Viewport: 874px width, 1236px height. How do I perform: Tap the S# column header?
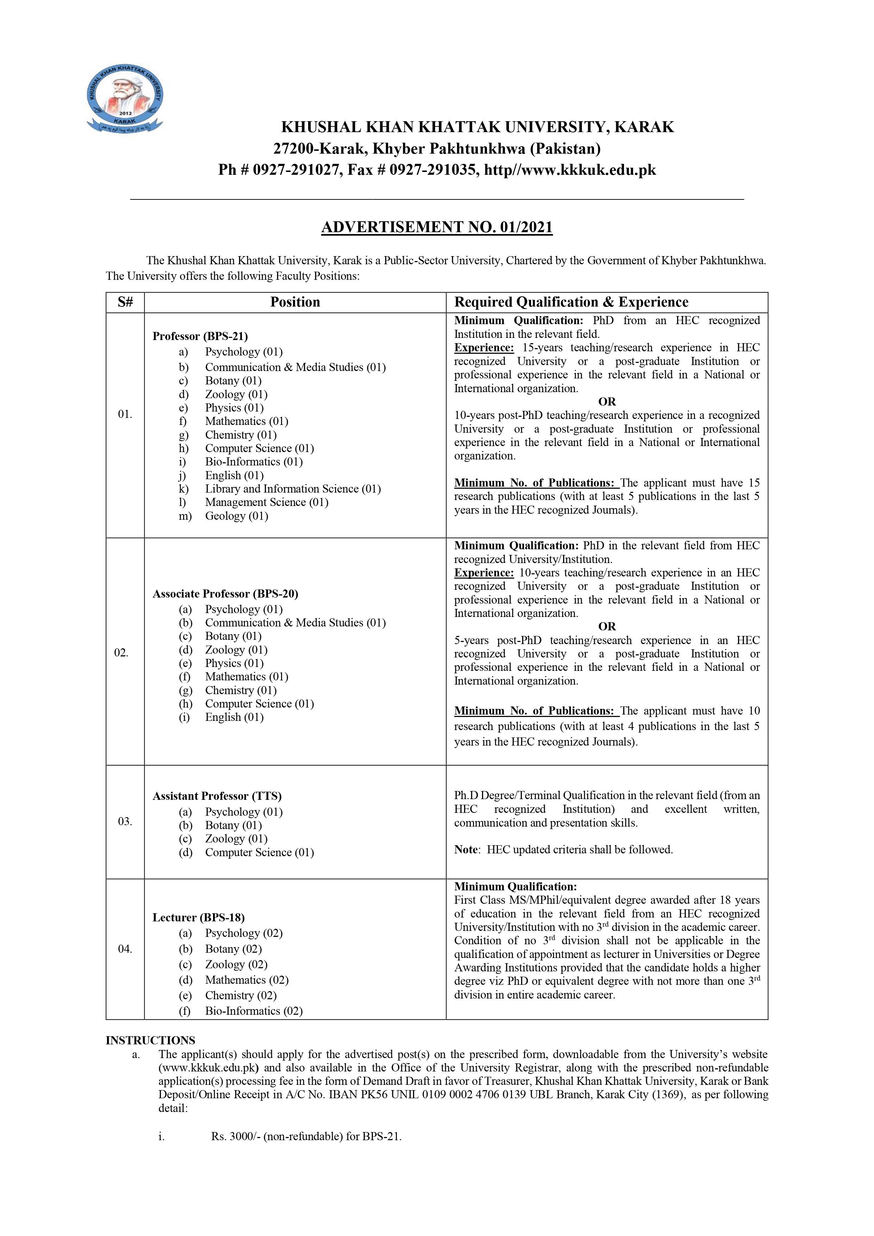point(125,302)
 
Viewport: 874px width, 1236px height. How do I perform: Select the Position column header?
point(295,302)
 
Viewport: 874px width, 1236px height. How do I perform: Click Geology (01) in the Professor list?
point(236,516)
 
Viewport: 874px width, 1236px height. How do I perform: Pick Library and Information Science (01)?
point(293,489)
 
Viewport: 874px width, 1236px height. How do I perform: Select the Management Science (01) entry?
point(267,502)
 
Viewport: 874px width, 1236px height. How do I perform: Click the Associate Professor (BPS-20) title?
point(225,594)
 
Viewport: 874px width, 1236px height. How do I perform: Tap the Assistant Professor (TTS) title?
point(217,796)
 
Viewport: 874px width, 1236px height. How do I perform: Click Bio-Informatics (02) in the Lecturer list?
point(254,1011)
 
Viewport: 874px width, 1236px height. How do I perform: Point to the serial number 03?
point(125,822)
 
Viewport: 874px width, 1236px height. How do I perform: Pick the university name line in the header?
point(477,127)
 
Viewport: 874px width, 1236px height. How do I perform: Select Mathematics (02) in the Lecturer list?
point(246,980)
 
